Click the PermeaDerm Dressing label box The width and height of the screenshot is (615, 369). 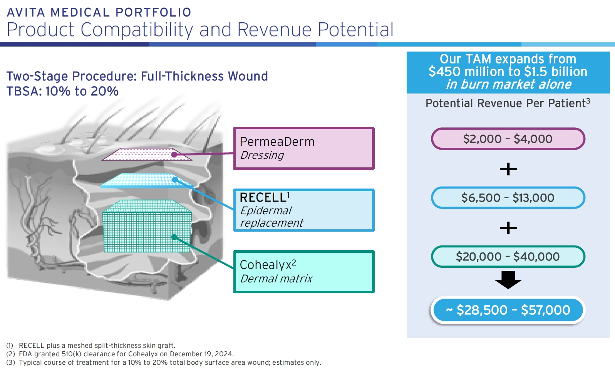304,149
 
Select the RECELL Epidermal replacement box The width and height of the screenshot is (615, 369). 304,210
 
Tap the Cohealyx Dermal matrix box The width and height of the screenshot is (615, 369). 304,272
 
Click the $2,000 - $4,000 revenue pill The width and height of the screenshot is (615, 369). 508,139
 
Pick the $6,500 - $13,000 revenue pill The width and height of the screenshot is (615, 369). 508,198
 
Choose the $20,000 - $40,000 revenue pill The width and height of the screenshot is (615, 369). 508,257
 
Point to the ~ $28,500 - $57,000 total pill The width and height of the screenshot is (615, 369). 508,310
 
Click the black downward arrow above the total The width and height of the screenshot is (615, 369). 508,280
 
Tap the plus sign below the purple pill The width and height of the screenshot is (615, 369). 508,169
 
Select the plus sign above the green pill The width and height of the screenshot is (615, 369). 508,228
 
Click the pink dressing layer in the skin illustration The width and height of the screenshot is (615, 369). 146,155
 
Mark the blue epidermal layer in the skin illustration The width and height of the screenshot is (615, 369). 146,180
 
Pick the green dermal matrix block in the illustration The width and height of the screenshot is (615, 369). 147,229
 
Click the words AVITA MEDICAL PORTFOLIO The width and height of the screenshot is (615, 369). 99,12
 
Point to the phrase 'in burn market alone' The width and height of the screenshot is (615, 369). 508,84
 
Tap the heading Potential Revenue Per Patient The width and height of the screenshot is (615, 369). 508,103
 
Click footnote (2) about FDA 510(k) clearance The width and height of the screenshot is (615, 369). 120,354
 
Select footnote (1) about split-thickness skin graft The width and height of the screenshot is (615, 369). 91,346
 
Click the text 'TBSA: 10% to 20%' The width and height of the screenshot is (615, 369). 62,91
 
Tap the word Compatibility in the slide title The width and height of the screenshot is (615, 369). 137,30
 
